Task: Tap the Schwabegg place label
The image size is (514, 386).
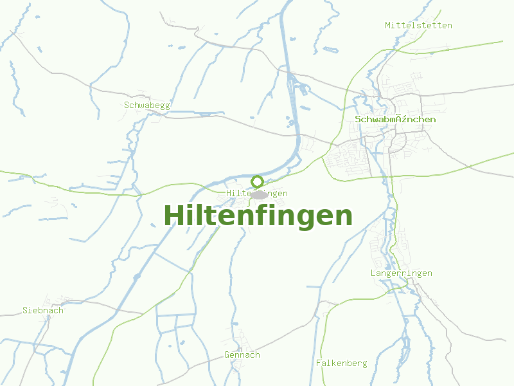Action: [x=147, y=105]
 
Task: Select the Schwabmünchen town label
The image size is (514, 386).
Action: [x=395, y=119]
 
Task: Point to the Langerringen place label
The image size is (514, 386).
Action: [x=401, y=273]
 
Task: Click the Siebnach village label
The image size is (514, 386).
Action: [x=43, y=310]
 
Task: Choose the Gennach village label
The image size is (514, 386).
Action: [x=242, y=354]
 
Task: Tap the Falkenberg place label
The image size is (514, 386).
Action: [x=341, y=363]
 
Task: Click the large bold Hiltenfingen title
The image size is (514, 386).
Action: [x=258, y=216]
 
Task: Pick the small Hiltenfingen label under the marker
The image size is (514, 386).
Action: [x=257, y=193]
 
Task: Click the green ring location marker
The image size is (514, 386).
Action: [x=258, y=181]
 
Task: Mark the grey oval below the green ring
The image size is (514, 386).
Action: [x=259, y=194]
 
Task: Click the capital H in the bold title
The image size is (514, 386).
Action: [x=174, y=216]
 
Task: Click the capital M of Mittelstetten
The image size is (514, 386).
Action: [x=388, y=25]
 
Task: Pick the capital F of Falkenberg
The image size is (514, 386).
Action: [x=319, y=363]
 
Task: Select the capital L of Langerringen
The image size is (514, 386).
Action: [x=373, y=273]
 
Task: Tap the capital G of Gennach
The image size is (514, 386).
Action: [x=227, y=354]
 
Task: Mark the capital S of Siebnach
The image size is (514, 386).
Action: [x=25, y=310]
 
